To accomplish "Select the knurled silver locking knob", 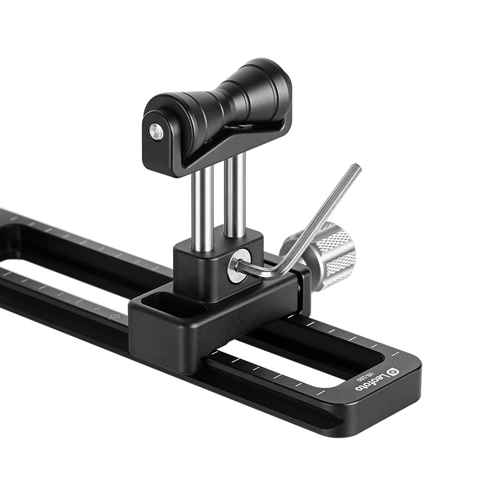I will point(326,254).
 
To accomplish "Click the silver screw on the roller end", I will point(156,132).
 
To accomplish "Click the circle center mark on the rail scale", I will point(116,316).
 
